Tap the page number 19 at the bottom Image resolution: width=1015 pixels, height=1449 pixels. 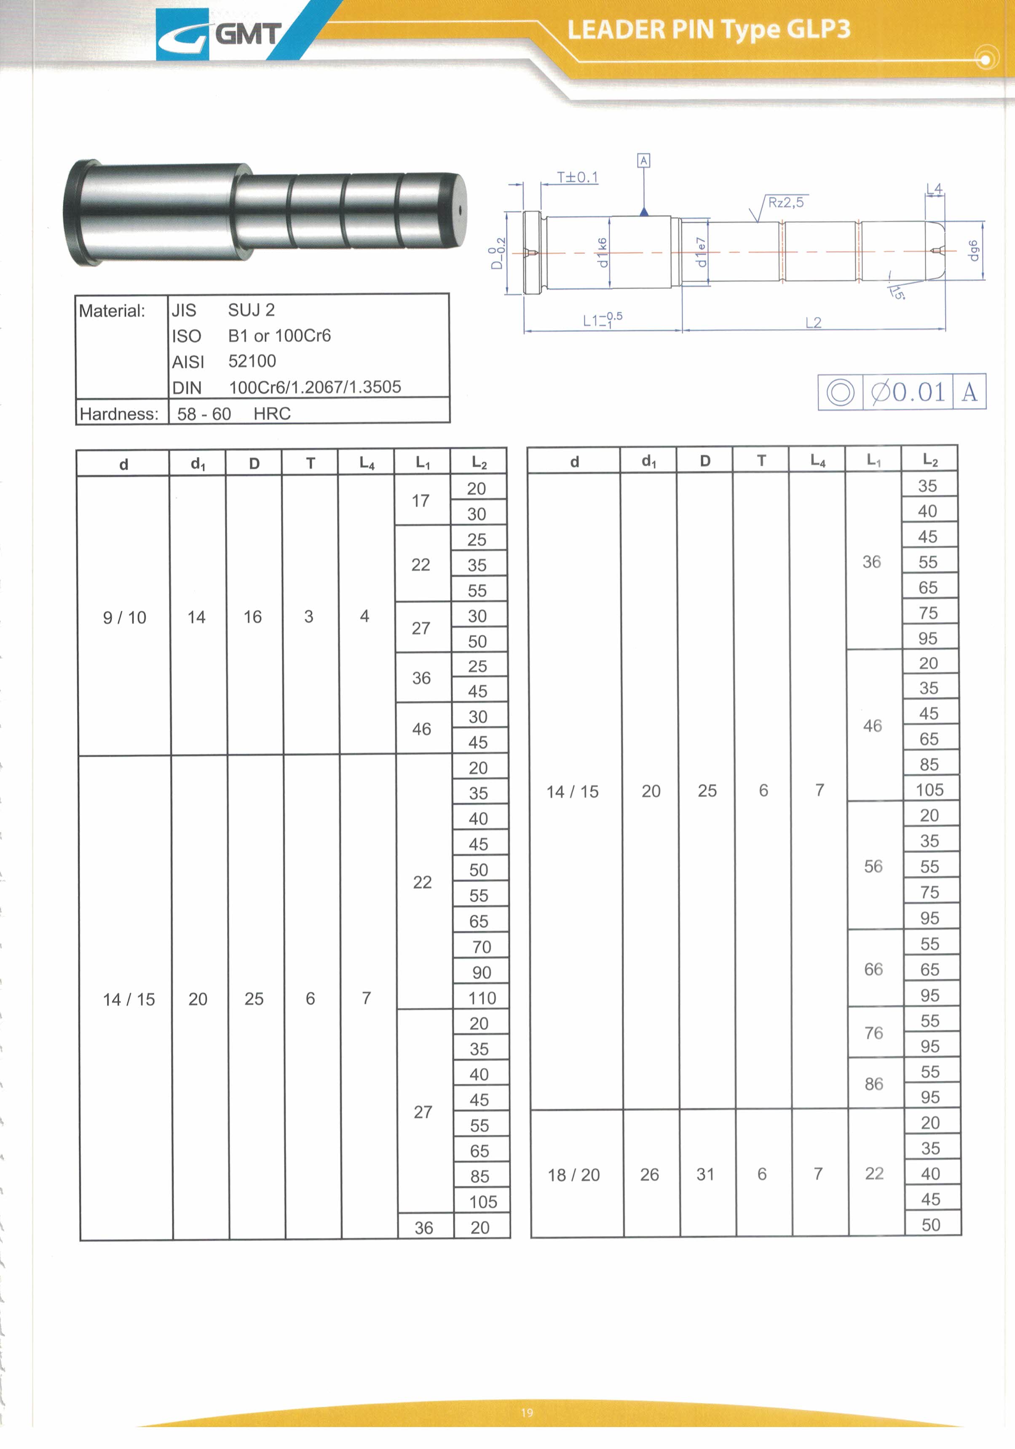coord(527,1412)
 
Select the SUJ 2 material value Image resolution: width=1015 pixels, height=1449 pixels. coord(251,310)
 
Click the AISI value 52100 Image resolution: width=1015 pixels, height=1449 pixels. coord(252,361)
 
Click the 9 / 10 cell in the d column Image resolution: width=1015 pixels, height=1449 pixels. coord(124,617)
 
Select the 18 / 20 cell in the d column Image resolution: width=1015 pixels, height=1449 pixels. coord(573,1175)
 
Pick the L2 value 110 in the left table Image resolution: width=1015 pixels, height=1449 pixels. coord(482,998)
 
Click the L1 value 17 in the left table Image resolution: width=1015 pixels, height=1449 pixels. coord(421,501)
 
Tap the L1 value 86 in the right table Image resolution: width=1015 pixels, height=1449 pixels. coord(874,1083)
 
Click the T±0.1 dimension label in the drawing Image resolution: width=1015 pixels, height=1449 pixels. coord(577,177)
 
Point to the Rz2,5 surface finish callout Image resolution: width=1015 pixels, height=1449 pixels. coord(785,203)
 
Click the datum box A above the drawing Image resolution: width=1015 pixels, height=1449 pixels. coord(643,161)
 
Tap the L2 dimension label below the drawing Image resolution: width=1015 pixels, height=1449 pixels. coord(814,323)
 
